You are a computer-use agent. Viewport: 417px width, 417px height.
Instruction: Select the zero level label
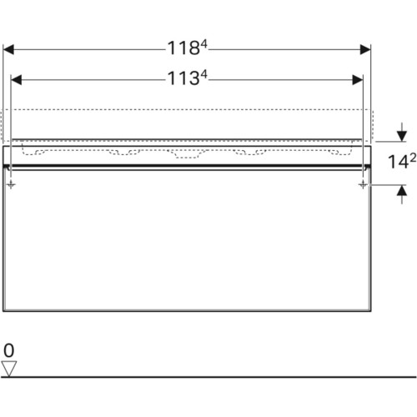(x=9, y=350)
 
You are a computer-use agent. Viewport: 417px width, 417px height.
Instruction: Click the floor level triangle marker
(x=9, y=369)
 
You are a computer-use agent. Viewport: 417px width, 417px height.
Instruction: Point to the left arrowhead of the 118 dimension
(x=8, y=50)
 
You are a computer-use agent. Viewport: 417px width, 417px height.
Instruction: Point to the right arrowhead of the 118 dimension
(x=365, y=50)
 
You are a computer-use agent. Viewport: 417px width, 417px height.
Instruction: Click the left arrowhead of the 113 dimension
(x=16, y=80)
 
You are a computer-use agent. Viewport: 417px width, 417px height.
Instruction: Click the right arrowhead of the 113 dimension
(x=358, y=80)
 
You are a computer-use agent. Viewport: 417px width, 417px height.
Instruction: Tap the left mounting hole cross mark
(x=11, y=184)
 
